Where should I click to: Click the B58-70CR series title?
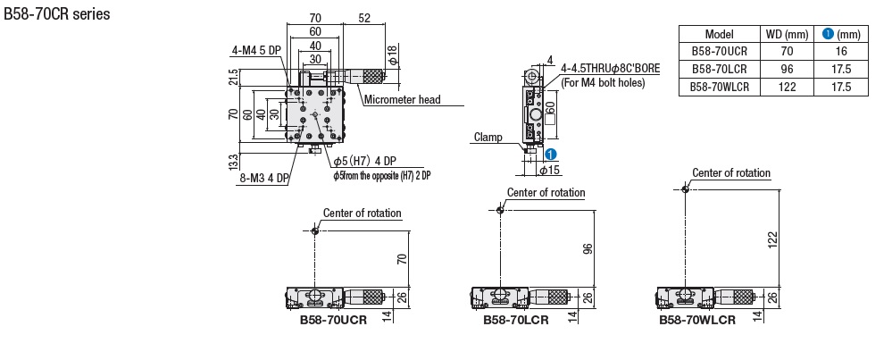(57, 15)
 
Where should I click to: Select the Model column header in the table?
(719, 34)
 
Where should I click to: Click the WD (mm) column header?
(787, 34)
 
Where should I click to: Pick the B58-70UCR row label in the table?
(719, 52)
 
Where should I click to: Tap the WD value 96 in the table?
(787, 70)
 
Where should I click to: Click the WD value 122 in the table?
(787, 88)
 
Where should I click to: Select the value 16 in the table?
(840, 52)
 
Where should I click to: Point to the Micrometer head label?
(403, 99)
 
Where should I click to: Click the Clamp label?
(488, 138)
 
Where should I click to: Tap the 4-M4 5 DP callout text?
(257, 50)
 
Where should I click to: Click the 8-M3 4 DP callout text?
(265, 178)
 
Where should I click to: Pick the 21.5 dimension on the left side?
(234, 77)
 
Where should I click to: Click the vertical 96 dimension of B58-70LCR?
(588, 249)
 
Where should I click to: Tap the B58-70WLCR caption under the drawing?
(697, 320)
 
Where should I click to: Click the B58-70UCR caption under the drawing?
(333, 320)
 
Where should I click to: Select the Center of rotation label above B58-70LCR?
(546, 192)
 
